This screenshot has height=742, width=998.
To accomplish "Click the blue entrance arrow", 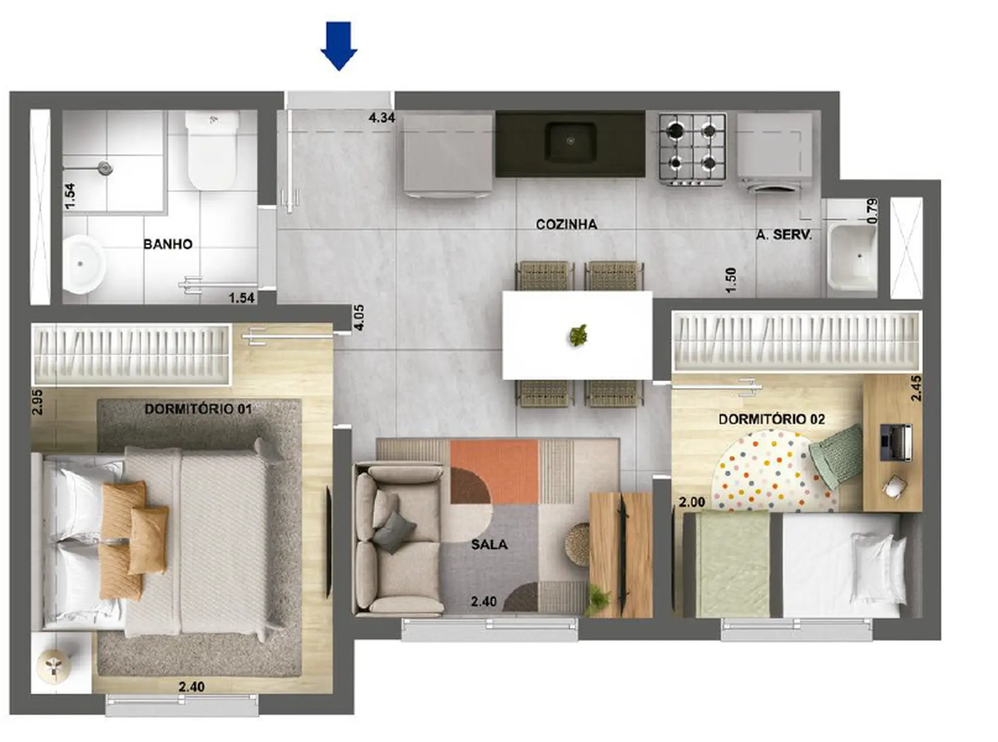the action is tap(339, 46).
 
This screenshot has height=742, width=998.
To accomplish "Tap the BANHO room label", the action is tap(168, 244).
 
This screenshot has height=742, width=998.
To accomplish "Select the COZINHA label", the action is tap(567, 224).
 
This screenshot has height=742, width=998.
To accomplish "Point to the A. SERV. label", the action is tap(784, 235).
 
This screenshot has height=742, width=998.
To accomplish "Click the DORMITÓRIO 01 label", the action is tap(198, 409).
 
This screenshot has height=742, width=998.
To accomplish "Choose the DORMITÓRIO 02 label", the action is tap(771, 419).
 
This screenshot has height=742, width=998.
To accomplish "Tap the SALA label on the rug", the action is tap(489, 545).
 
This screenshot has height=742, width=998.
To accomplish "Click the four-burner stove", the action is tap(692, 149).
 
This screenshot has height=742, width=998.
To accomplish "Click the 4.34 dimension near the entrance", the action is tap(382, 118).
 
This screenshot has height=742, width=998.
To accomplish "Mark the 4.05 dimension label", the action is tap(359, 317).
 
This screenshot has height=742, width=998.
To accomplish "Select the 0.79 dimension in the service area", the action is tap(873, 210).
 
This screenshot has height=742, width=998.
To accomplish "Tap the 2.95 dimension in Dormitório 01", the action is tap(37, 402).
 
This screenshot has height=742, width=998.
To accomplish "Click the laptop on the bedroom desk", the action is tap(895, 443).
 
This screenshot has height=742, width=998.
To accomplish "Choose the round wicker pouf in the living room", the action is tap(578, 543).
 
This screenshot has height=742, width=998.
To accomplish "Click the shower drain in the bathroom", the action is tap(106, 167).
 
